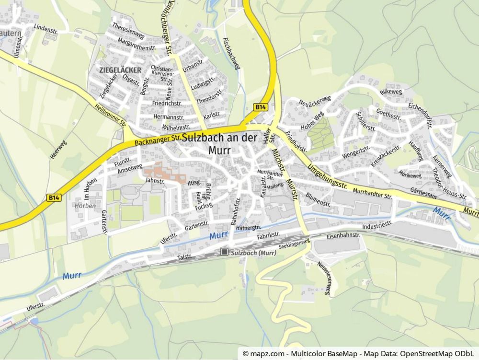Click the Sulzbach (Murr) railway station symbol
(224, 252)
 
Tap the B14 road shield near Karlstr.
(260, 107)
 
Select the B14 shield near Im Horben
(54, 197)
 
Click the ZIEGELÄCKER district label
(120, 70)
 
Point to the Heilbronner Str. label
(110, 116)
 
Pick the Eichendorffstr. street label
(420, 115)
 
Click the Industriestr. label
(377, 224)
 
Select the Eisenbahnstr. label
(343, 236)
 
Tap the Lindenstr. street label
(46, 29)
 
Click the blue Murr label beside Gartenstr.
(218, 235)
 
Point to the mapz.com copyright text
(358, 354)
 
